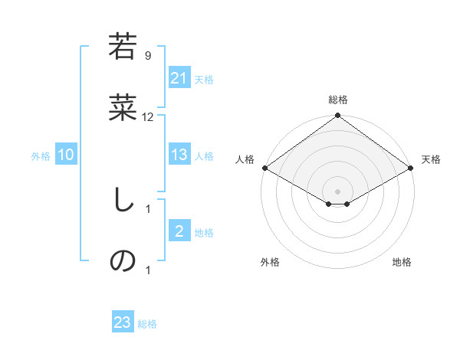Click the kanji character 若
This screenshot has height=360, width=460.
(x=123, y=47)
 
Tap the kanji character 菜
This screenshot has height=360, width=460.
(x=123, y=110)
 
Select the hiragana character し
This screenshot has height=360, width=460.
(x=123, y=201)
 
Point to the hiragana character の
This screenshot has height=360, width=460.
(x=123, y=261)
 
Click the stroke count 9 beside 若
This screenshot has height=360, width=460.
(x=147, y=55)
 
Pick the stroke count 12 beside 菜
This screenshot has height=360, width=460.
(x=148, y=117)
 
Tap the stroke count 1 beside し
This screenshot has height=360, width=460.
(x=147, y=208)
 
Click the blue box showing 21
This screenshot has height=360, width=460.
(x=179, y=78)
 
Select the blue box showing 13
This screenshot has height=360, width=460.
(x=179, y=155)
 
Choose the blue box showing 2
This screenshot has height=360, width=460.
(x=179, y=231)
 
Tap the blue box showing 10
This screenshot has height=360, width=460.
(x=66, y=155)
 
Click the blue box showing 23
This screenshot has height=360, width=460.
(x=123, y=322)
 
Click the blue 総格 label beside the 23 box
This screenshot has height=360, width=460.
(x=147, y=324)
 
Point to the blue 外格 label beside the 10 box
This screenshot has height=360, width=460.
(x=41, y=155)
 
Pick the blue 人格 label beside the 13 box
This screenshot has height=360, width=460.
(x=204, y=155)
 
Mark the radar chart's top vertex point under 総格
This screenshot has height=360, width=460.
(x=337, y=116)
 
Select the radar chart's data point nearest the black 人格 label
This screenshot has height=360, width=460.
(x=264, y=168)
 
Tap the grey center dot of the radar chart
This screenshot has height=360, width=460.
(x=337, y=191)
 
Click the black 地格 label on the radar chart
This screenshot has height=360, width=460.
(x=402, y=262)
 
